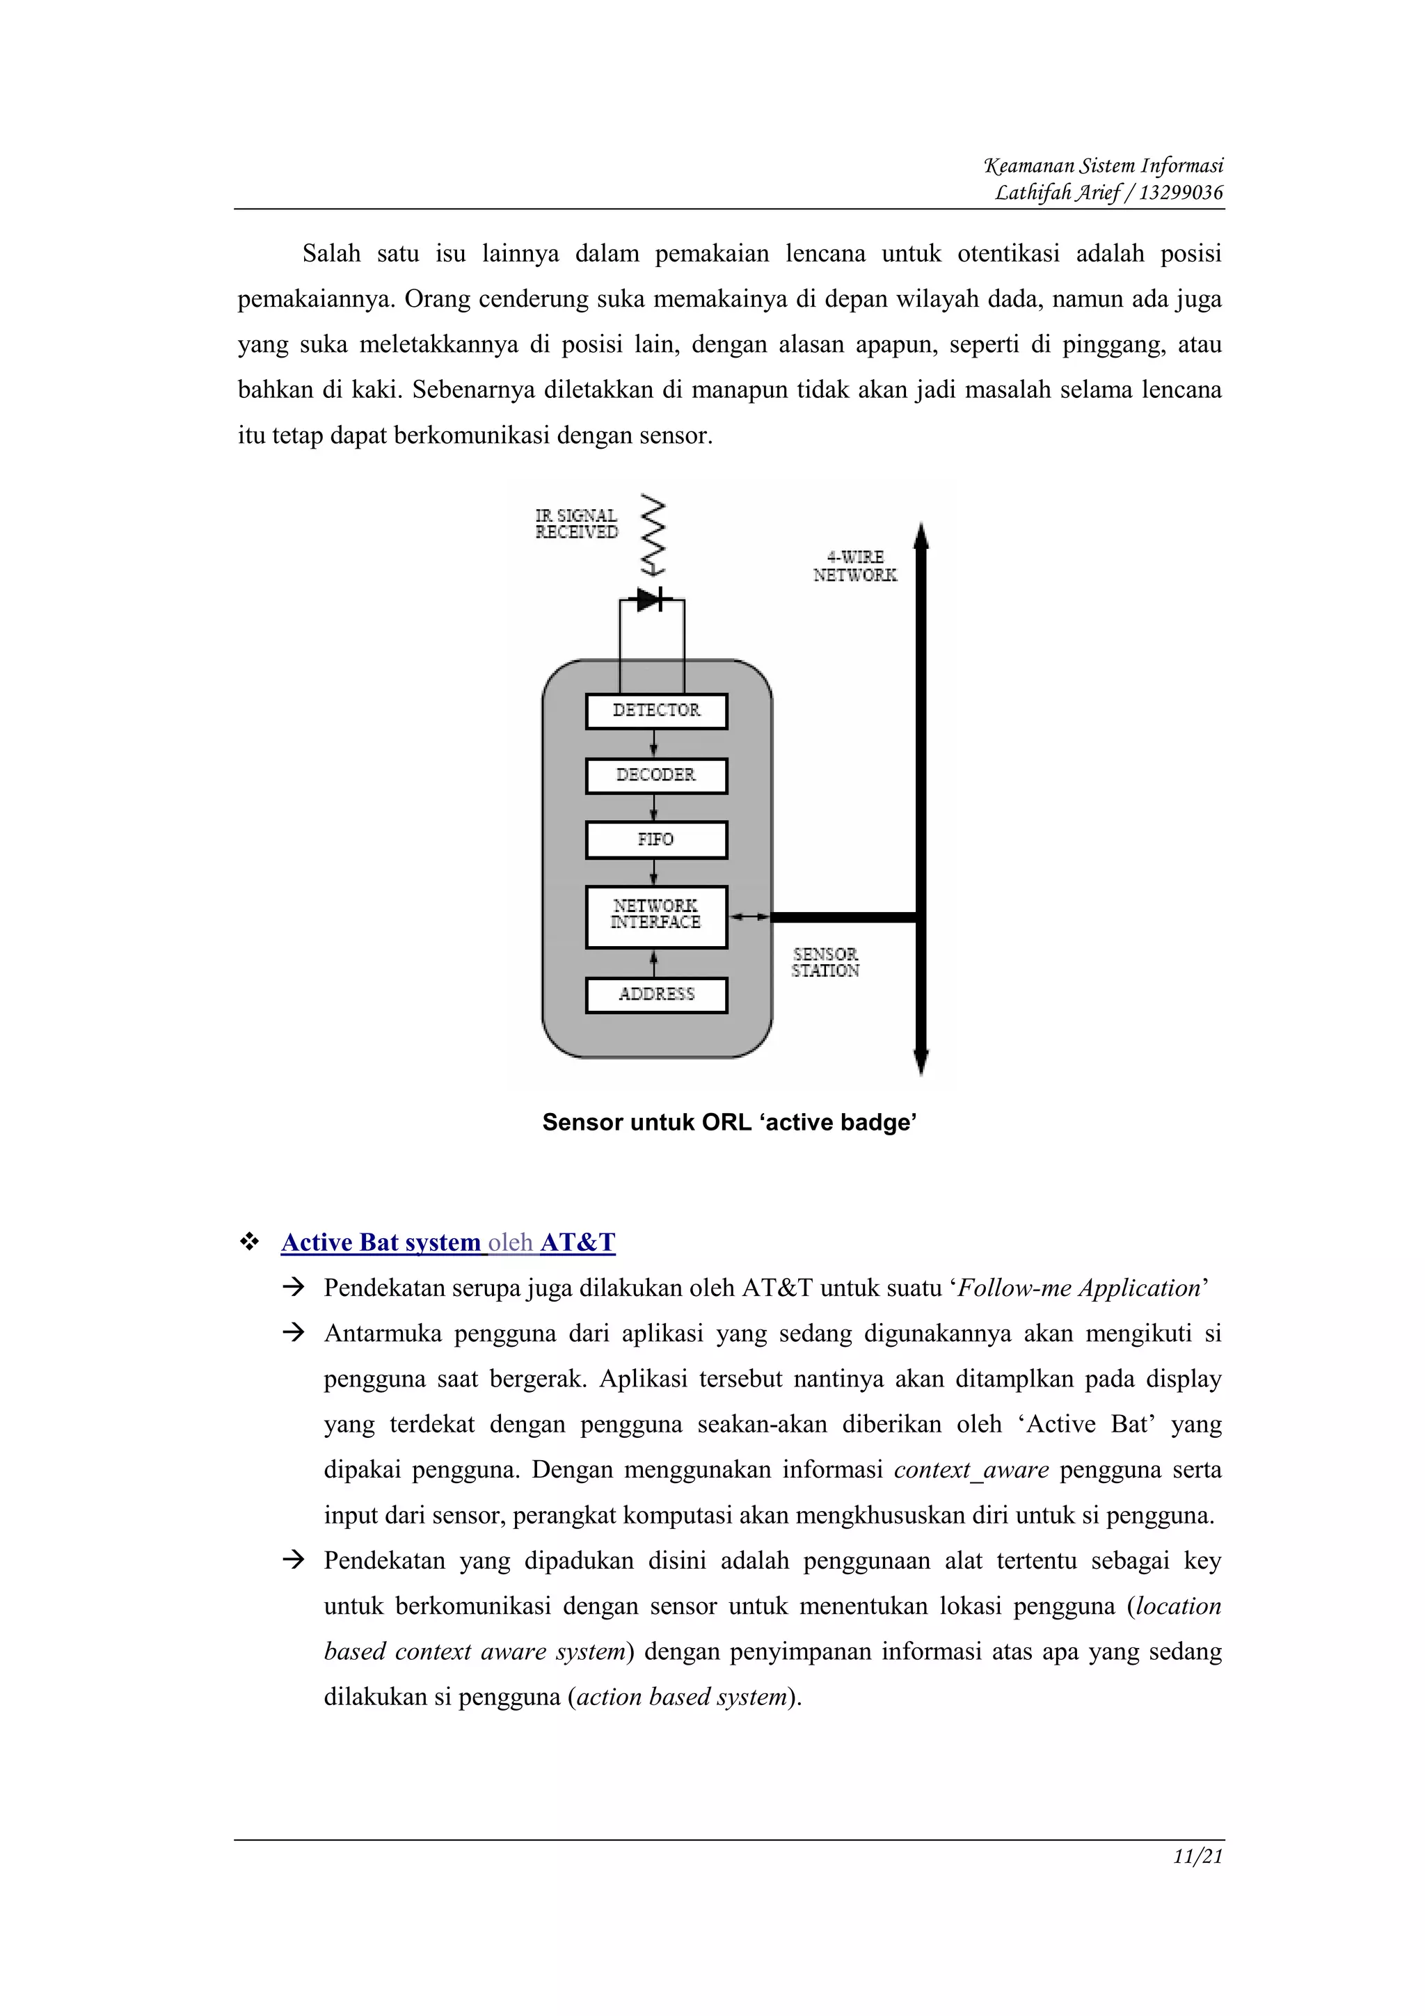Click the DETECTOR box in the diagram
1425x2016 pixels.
click(x=656, y=711)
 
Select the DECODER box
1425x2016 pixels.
click(x=656, y=776)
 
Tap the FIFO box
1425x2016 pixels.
click(x=656, y=840)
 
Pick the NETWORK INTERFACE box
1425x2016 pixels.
click(x=656, y=915)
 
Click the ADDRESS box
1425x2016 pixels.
click(x=656, y=995)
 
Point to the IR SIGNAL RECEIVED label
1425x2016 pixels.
click(x=577, y=525)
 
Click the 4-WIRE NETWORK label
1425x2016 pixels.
click(x=854, y=566)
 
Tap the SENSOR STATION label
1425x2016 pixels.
click(x=825, y=962)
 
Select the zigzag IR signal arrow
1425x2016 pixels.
click(x=653, y=536)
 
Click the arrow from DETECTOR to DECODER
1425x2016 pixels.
click(x=653, y=744)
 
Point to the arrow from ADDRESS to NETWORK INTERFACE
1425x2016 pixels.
click(x=653, y=963)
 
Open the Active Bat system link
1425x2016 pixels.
click(x=381, y=1242)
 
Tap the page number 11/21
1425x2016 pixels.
click(x=1197, y=1856)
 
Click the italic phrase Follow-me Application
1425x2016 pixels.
click(x=1078, y=1288)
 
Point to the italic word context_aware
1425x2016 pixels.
click(x=971, y=1470)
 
